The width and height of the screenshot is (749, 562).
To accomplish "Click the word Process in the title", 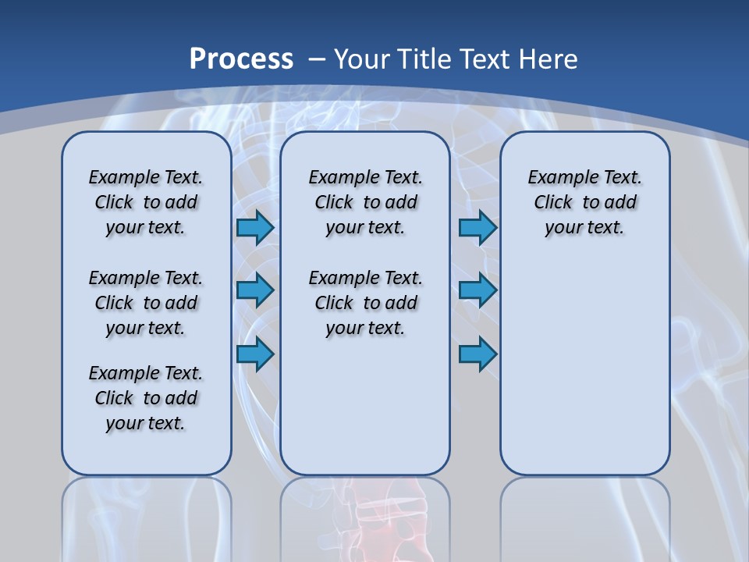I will coord(241,59).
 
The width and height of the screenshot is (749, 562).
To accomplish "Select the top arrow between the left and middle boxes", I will coord(255,228).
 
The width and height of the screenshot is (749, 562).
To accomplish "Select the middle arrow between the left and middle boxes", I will coord(255,290).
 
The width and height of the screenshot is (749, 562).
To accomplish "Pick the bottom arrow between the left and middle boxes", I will coord(255,354).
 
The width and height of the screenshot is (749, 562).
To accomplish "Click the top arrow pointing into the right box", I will coord(477,228).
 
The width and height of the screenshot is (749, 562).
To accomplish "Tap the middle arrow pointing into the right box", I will coord(477,290).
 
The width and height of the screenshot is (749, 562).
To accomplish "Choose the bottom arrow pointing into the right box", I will coord(477,354).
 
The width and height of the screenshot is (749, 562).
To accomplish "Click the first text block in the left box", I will coord(146,202).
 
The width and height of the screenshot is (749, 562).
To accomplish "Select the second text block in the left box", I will coord(146,303).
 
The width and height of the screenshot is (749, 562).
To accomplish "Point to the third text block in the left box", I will coord(146,398).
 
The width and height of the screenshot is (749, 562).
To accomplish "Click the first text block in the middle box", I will coord(365,202).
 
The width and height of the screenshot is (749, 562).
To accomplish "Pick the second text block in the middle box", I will coord(365,303).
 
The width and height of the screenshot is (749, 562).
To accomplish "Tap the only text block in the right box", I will coord(584,202).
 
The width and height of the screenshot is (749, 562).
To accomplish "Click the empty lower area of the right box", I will coord(584,375).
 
